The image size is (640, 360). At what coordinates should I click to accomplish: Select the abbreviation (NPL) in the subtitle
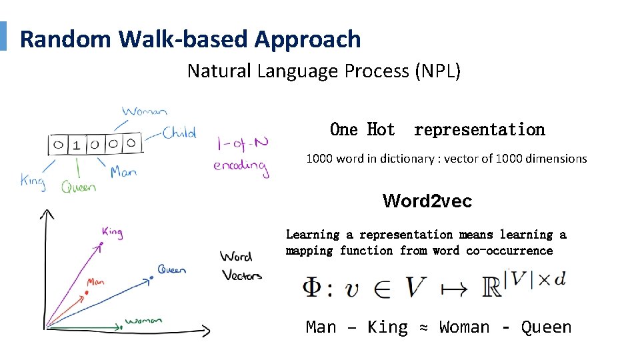click(x=437, y=71)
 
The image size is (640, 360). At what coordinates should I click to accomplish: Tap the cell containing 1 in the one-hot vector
click(x=77, y=145)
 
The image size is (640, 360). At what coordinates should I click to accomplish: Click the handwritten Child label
click(x=180, y=133)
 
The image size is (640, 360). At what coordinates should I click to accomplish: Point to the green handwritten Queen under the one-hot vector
click(x=79, y=187)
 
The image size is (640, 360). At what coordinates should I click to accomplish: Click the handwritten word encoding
click(x=241, y=167)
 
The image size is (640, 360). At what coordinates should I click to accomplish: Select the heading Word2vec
click(x=427, y=201)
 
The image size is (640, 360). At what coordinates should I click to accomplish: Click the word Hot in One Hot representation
click(x=381, y=129)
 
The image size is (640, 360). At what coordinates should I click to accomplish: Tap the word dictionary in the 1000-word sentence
click(x=402, y=159)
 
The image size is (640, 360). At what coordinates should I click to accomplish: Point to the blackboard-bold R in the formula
click(x=492, y=287)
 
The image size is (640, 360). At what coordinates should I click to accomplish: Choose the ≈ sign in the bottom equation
click(x=423, y=327)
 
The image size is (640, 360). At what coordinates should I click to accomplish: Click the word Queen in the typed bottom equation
click(x=546, y=327)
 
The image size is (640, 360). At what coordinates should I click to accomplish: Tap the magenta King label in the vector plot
click(x=112, y=232)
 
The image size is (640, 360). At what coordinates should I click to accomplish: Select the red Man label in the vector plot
click(x=95, y=283)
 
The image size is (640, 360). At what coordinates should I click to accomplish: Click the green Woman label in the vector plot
click(x=143, y=321)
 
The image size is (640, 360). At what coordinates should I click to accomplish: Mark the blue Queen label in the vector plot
click(x=171, y=269)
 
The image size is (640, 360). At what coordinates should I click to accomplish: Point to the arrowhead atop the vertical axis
click(x=47, y=214)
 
